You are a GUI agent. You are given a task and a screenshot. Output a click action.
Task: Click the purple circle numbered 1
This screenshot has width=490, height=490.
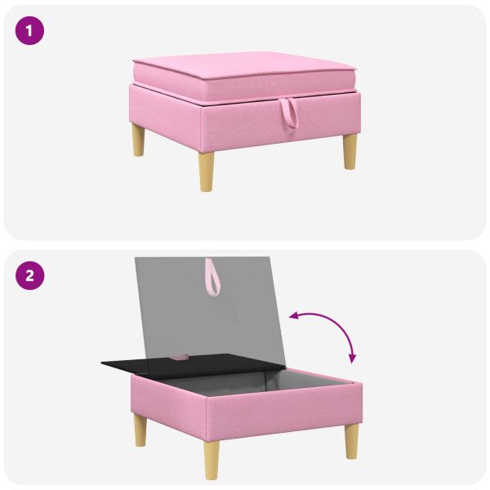(29, 31)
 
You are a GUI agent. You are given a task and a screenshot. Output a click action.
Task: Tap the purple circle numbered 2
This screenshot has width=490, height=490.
(29, 276)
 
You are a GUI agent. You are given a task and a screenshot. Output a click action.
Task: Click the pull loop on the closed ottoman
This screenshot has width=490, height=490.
(289, 114)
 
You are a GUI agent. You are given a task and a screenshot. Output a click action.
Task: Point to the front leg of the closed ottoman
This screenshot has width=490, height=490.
(207, 171)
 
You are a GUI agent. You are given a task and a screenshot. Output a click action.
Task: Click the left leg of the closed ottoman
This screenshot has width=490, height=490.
(139, 140)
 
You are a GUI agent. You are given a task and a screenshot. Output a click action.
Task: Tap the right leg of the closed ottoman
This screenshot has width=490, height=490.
(350, 152)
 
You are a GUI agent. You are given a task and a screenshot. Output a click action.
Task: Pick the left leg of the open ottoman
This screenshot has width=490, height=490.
(140, 430)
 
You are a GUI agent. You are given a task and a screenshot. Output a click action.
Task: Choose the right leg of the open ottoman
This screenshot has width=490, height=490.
(351, 441)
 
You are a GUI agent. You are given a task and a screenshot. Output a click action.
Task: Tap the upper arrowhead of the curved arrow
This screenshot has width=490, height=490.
(293, 316)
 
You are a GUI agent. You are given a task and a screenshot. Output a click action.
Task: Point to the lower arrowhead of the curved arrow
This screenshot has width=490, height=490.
(353, 359)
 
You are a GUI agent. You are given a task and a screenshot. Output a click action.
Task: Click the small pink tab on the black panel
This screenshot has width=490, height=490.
(180, 357)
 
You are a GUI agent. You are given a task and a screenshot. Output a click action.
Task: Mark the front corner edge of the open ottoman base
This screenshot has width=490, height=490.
(206, 419)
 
